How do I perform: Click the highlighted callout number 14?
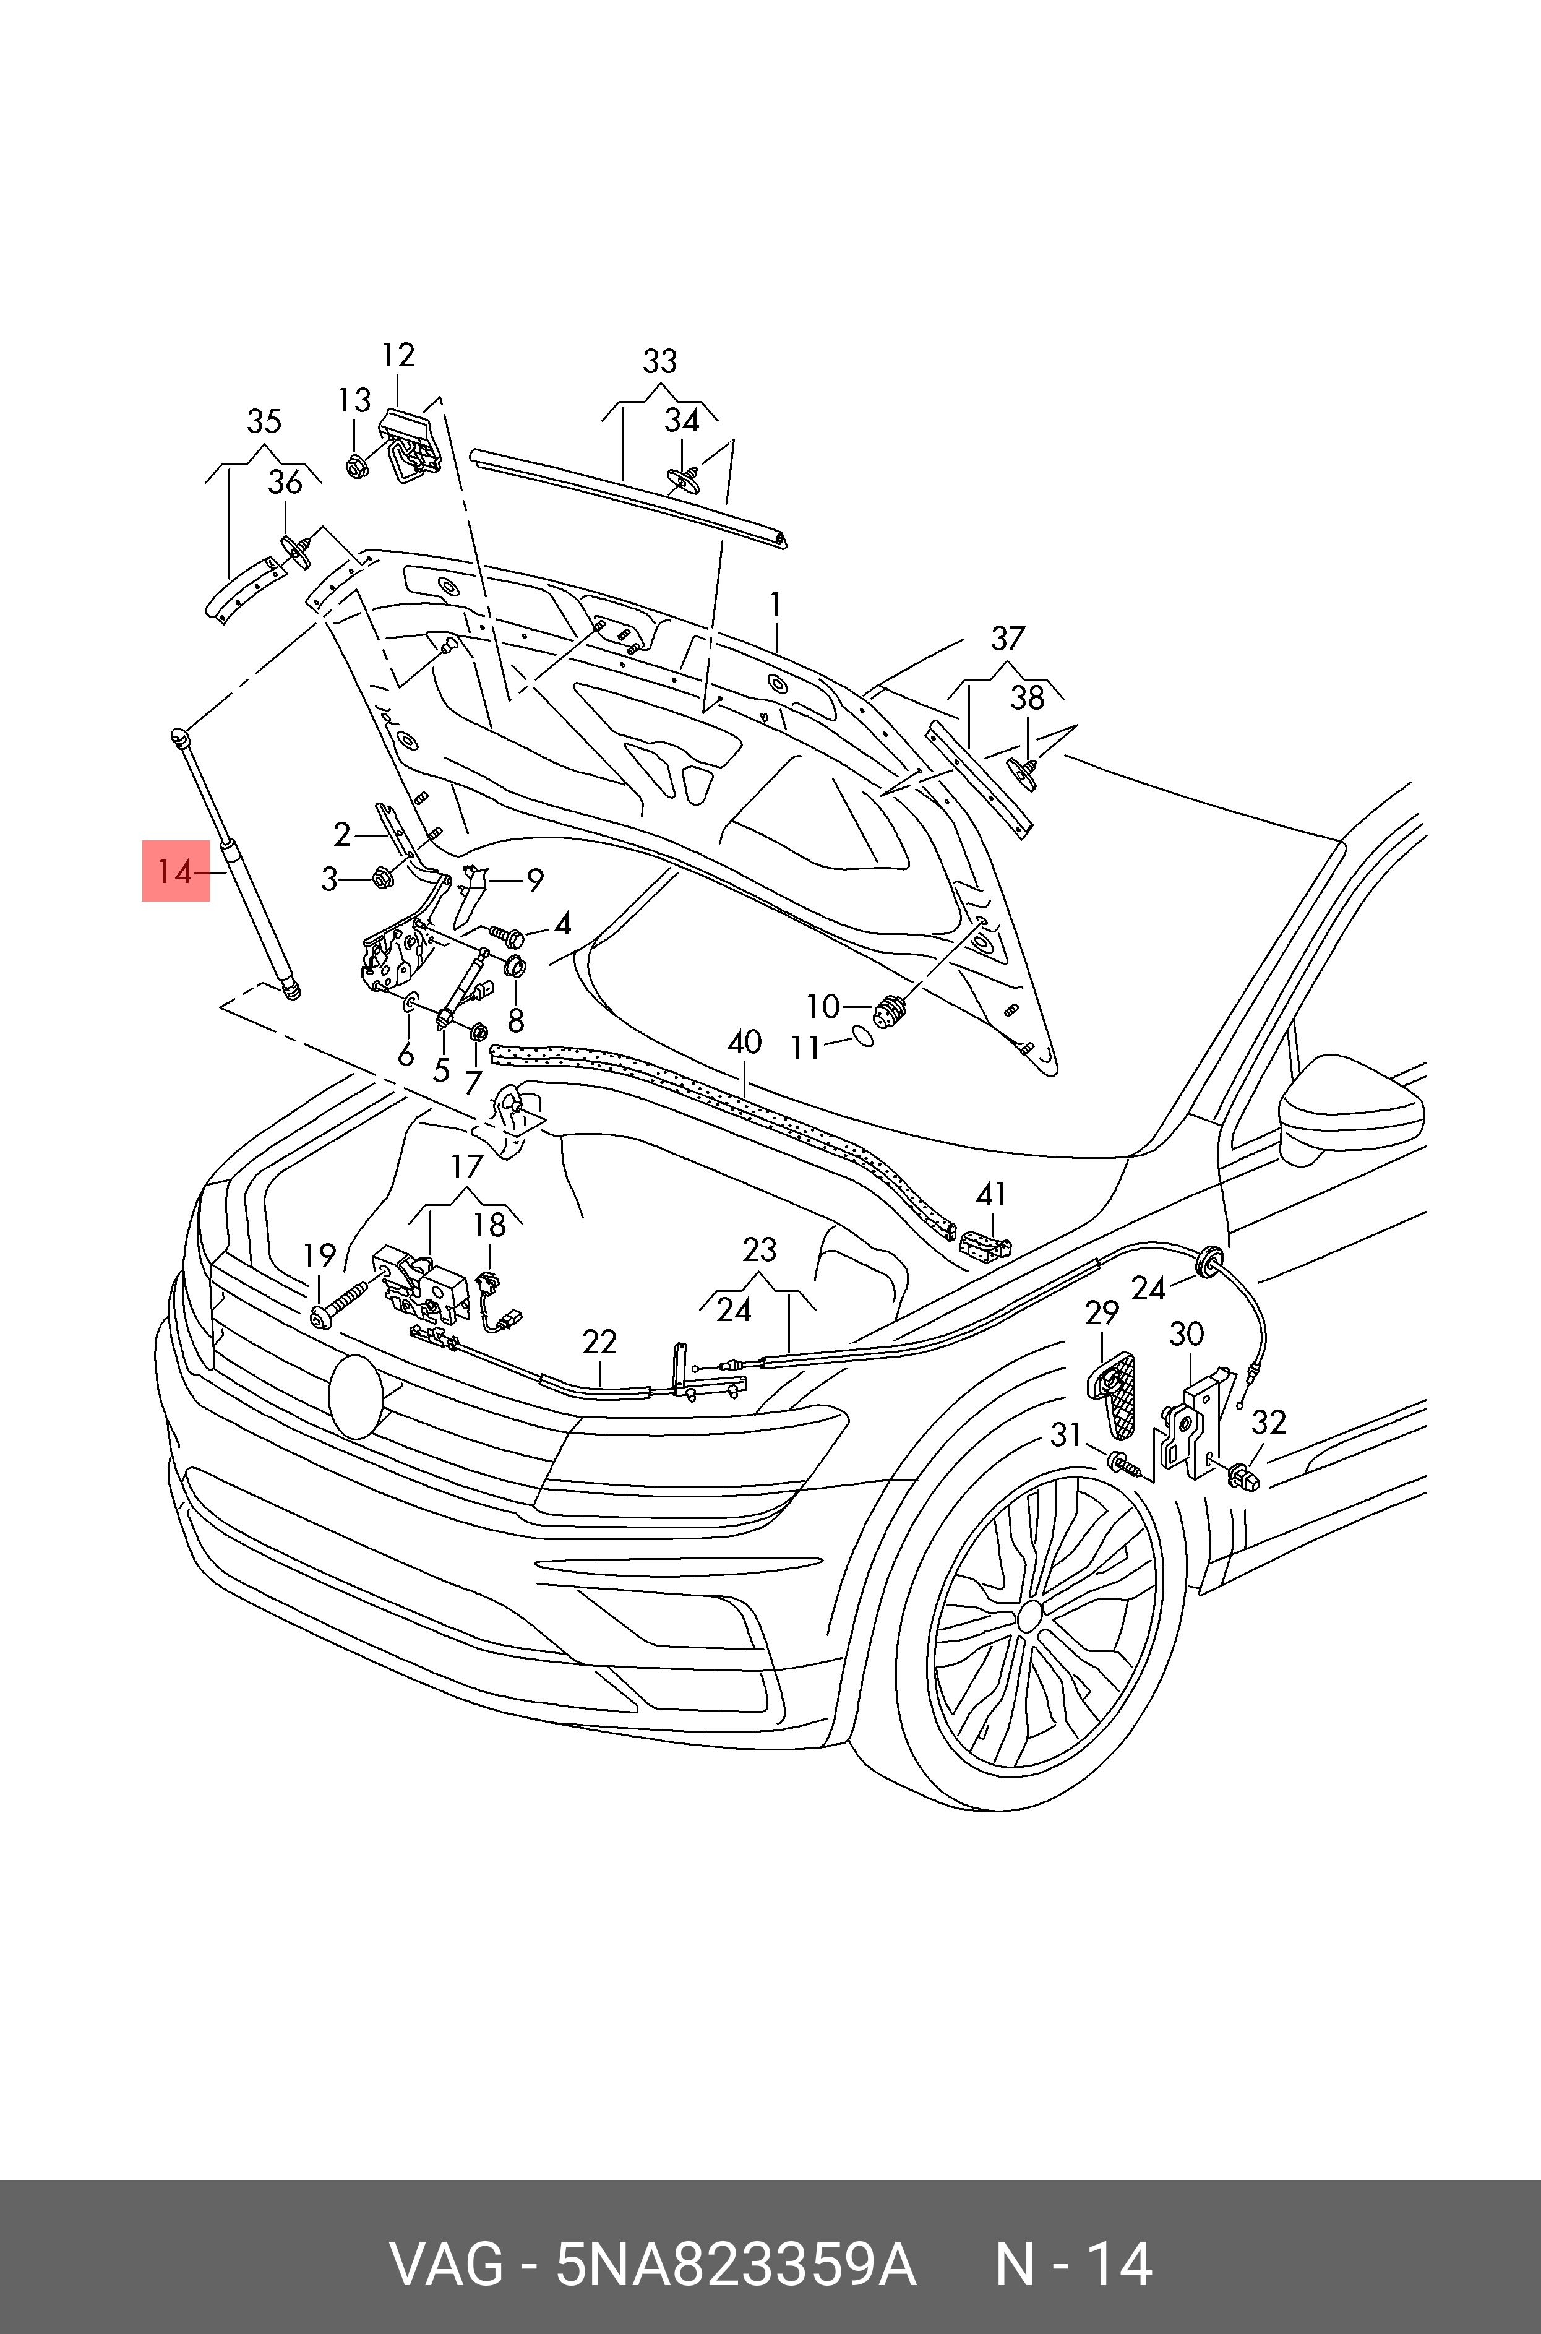[x=175, y=871]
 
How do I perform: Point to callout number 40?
[x=744, y=1042]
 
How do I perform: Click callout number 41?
[x=992, y=1194]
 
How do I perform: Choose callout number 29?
[x=1102, y=1313]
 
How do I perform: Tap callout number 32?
[x=1269, y=1422]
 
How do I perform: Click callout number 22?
[x=599, y=1341]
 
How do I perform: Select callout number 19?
[x=319, y=1255]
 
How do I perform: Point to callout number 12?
[x=398, y=355]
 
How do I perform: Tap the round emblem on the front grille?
[x=355, y=1395]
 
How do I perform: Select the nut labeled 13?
[x=357, y=466]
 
